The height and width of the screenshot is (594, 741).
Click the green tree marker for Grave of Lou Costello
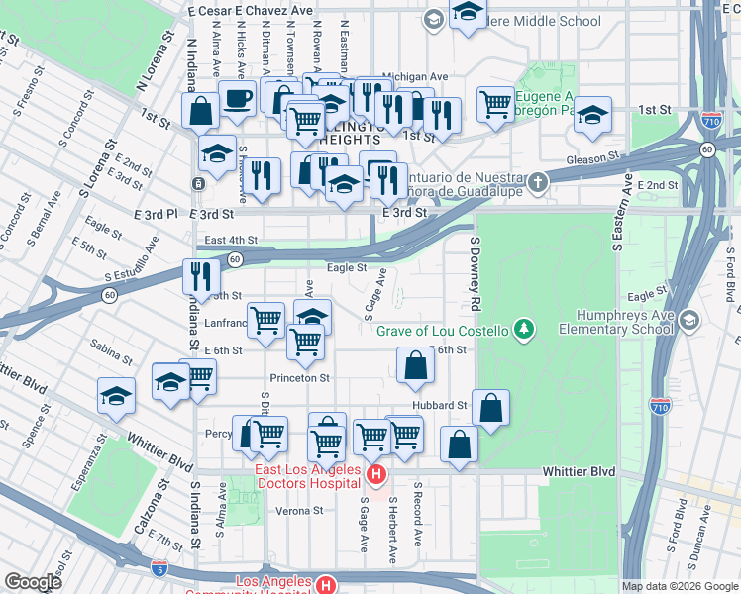tap(526, 330)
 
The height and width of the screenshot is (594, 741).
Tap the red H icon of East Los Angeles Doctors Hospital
tap(375, 476)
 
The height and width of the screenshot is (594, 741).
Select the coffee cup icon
tap(237, 99)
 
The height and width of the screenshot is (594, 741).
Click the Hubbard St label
tap(442, 406)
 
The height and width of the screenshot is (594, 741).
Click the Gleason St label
tap(592, 156)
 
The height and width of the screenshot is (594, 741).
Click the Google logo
tap(34, 581)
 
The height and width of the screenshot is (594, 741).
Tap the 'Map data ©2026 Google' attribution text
tap(679, 586)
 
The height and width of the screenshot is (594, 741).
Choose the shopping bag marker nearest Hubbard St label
tap(490, 407)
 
